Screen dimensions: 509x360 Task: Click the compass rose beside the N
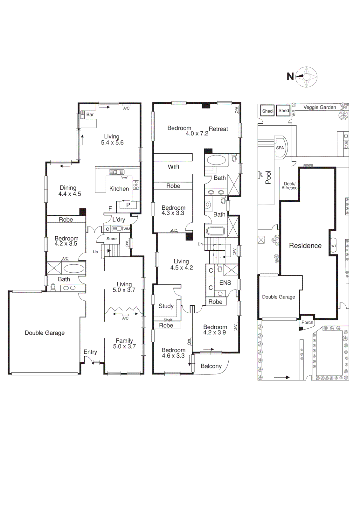[307, 77]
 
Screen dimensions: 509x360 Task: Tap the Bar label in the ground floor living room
[90, 115]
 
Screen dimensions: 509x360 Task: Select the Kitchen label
[119, 189]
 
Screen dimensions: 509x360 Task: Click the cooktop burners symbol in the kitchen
[136, 185]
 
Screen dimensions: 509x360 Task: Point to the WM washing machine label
[127, 229]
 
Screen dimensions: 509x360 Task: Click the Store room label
[111, 239]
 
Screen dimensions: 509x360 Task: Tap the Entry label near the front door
[90, 352]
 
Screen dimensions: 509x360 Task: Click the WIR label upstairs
[174, 167]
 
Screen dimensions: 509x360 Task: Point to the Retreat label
[218, 129]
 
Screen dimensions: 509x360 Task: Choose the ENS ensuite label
[225, 282]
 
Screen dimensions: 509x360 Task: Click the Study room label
[166, 306]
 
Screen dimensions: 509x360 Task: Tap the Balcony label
[211, 366]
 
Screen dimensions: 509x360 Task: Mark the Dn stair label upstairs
[200, 244]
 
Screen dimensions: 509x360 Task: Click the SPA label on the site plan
[280, 148]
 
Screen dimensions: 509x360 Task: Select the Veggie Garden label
[320, 107]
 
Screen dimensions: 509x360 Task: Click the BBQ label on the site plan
[346, 144]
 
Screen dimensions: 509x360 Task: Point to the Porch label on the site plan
[307, 322]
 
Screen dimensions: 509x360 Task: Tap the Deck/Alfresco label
[289, 186]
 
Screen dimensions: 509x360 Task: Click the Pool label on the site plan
[268, 178]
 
